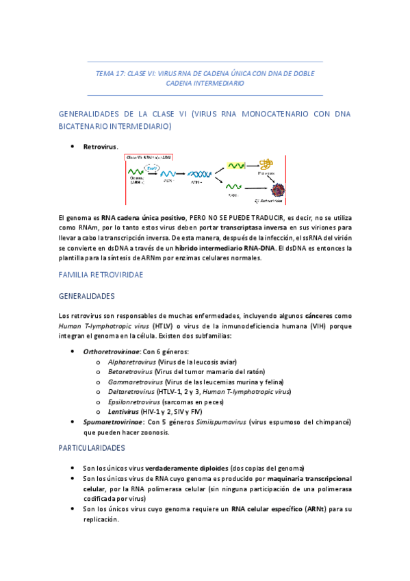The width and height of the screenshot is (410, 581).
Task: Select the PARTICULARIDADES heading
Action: point(92,447)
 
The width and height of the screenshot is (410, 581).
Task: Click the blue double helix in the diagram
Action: point(198,175)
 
